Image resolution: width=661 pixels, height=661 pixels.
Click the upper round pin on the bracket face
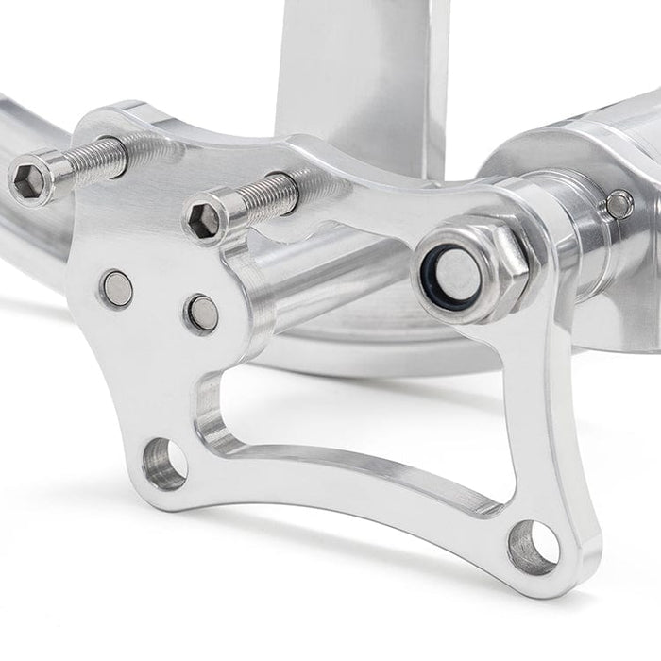(x=117, y=288)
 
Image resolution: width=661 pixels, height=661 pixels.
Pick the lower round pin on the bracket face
(x=201, y=313)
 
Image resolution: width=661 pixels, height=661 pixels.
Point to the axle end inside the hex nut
(x=457, y=274)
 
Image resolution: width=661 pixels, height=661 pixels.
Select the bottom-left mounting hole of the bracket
(x=166, y=463)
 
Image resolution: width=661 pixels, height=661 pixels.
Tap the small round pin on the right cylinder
(x=619, y=203)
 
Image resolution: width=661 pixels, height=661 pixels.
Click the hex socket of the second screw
(x=203, y=219)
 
